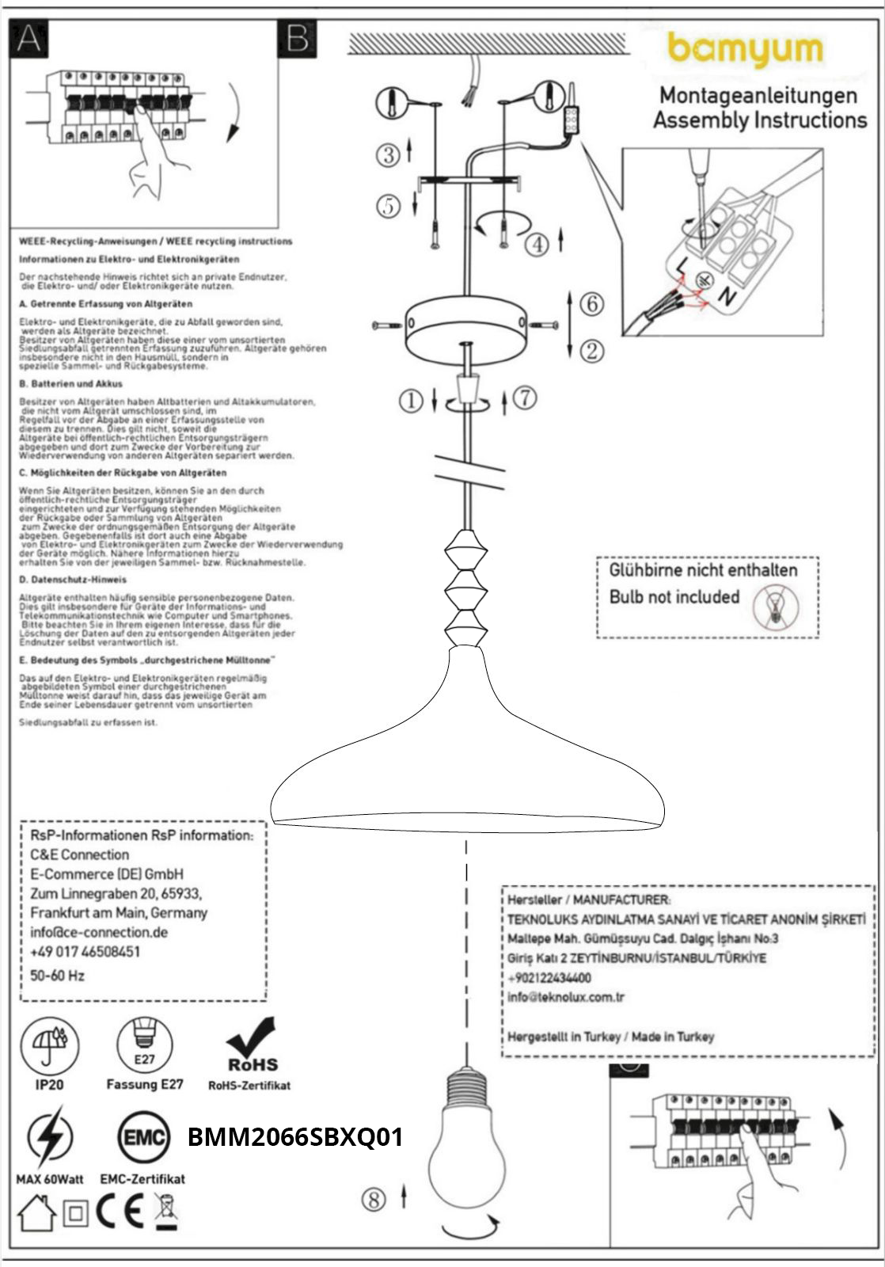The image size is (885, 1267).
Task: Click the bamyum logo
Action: click(x=745, y=50)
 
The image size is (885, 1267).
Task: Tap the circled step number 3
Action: click(x=388, y=154)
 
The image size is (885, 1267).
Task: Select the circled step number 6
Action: click(x=591, y=304)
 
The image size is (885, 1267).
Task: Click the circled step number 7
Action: click(x=524, y=398)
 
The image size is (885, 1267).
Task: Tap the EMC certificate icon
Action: click(x=143, y=1138)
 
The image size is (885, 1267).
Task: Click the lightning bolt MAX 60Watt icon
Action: click(x=49, y=1138)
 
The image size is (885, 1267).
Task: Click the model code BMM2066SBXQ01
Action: click(x=295, y=1137)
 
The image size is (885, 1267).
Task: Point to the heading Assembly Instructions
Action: click(x=759, y=120)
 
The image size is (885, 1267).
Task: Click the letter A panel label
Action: click(x=28, y=37)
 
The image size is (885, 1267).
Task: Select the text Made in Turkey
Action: click(x=672, y=1037)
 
